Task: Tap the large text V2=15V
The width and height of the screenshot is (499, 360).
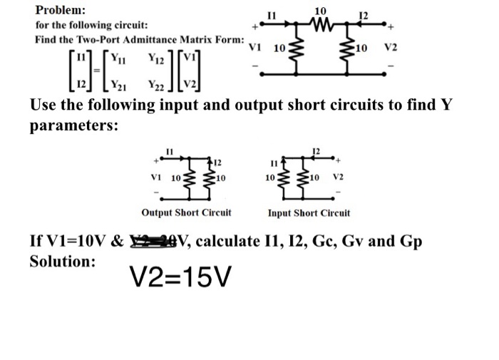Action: [179, 277]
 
